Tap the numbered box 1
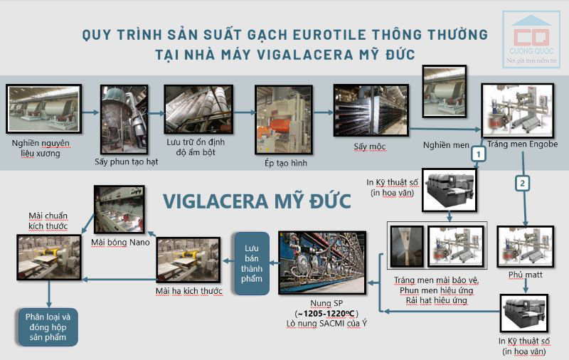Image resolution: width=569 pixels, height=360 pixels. tap(479, 153)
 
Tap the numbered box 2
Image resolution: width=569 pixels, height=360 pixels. tap(523, 183)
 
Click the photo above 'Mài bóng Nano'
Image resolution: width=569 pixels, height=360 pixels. tap(119, 210)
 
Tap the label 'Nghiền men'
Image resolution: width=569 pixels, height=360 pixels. tap(446, 144)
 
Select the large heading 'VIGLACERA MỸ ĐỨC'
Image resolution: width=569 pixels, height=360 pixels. tap(257, 200)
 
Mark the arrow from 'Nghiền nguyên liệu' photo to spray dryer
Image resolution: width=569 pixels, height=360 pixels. tap(90, 112)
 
